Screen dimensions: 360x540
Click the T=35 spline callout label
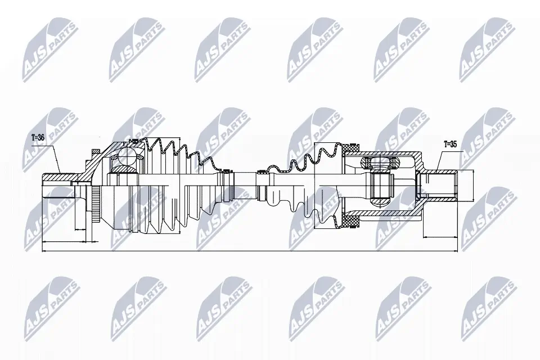450,144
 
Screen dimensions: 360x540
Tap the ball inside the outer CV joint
123,163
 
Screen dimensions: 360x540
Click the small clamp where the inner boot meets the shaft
262,185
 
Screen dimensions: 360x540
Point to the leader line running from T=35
443,160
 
